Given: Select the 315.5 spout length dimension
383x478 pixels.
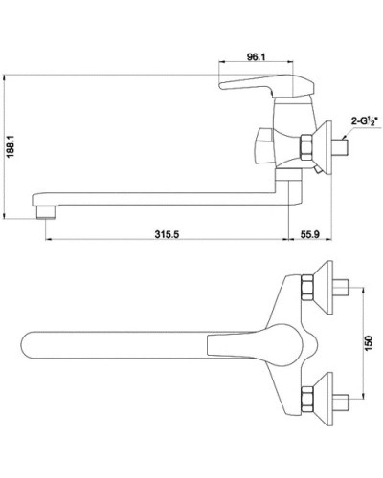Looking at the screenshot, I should [168, 232].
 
